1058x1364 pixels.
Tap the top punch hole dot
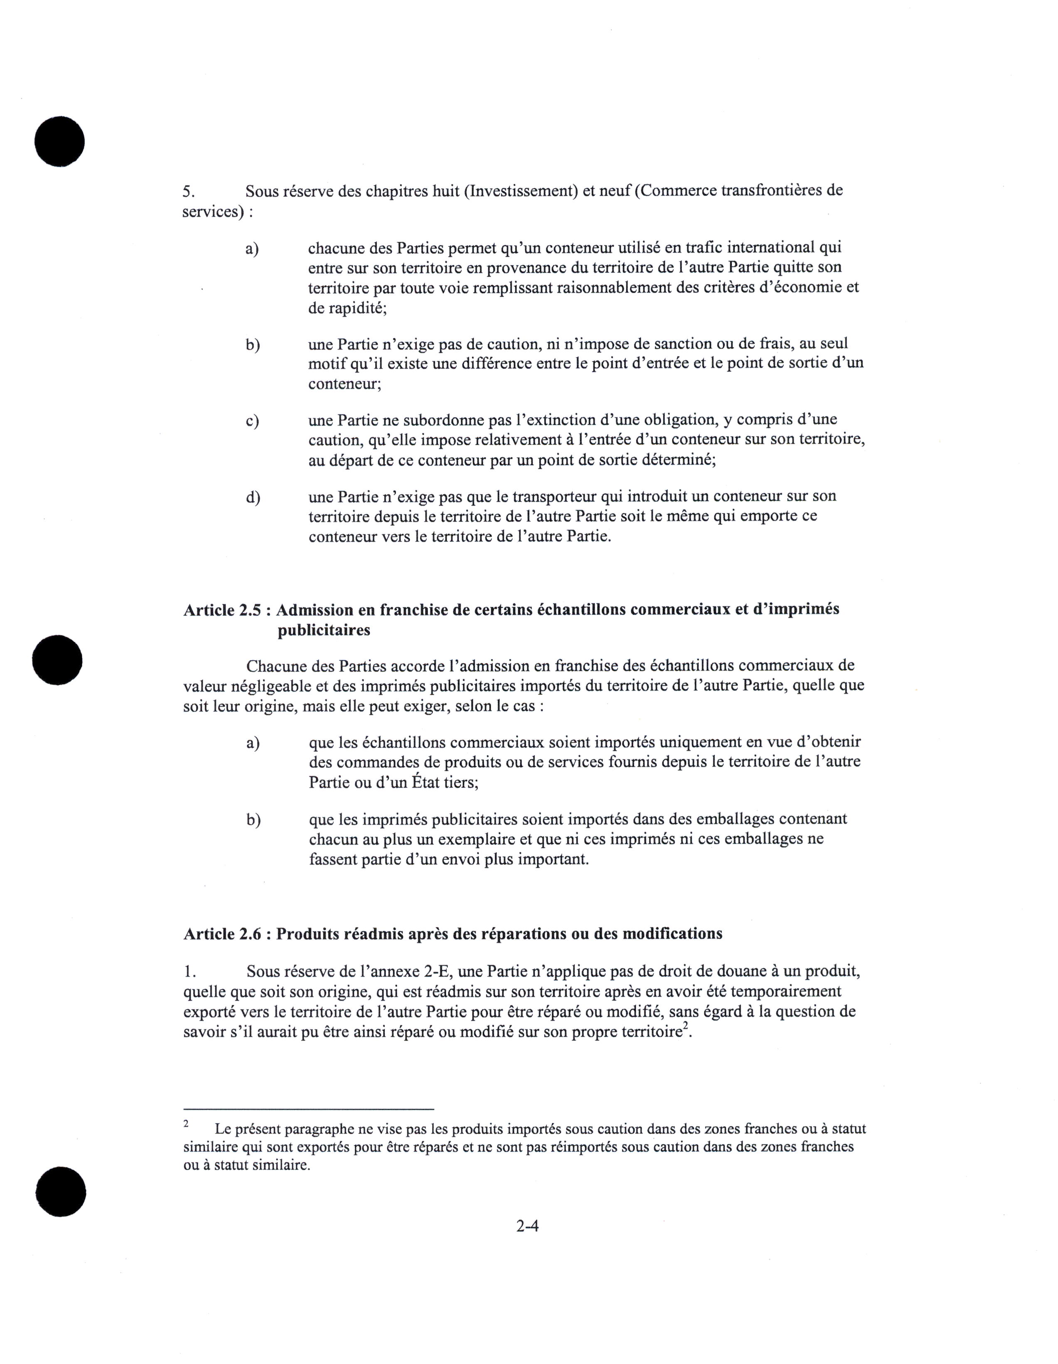pyautogui.click(x=59, y=141)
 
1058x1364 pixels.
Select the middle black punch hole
pyautogui.click(x=57, y=660)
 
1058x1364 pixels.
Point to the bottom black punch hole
pyautogui.click(x=61, y=1191)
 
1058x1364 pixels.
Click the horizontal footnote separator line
pyautogui.click(x=308, y=1108)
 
